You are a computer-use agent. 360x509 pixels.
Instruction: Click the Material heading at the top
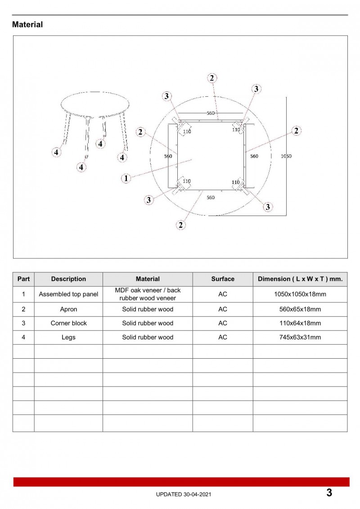(27, 25)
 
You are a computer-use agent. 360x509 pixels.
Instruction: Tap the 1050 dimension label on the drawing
(286, 156)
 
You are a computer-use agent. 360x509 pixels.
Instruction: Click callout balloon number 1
(126, 178)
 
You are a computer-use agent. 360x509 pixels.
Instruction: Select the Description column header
(68, 279)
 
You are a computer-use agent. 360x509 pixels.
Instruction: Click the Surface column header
(223, 279)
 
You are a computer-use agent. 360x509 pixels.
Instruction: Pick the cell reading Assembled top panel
(68, 294)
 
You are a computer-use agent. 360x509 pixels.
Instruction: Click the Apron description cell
(68, 309)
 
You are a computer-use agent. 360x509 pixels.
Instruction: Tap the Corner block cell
(68, 323)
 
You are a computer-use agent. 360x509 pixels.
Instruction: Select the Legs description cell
(68, 337)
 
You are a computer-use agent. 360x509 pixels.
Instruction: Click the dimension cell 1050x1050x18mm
(300, 294)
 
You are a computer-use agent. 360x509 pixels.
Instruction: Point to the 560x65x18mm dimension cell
(300, 309)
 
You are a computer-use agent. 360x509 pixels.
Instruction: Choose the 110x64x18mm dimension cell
(300, 323)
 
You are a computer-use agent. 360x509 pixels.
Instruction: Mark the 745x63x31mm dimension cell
(300, 337)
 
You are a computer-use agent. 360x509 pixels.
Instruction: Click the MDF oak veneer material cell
(148, 294)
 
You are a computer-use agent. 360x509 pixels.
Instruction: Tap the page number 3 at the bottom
(329, 492)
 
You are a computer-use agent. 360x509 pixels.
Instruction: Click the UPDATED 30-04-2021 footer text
(183, 494)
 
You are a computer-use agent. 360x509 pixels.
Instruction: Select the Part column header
(23, 279)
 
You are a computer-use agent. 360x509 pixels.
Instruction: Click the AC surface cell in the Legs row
(223, 337)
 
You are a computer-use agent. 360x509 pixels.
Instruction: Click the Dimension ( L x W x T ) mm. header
(300, 279)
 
